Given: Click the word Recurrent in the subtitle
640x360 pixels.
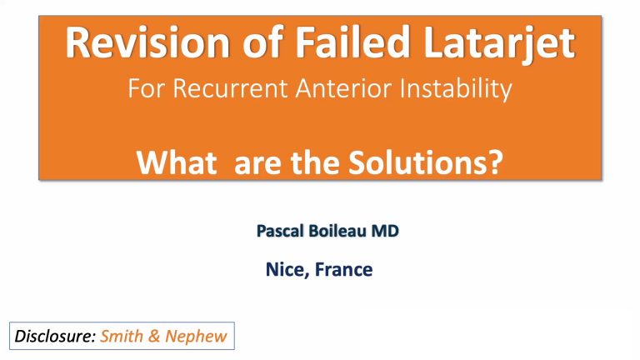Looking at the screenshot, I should click(220, 88).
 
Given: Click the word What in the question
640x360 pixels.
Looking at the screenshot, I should click(177, 157).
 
